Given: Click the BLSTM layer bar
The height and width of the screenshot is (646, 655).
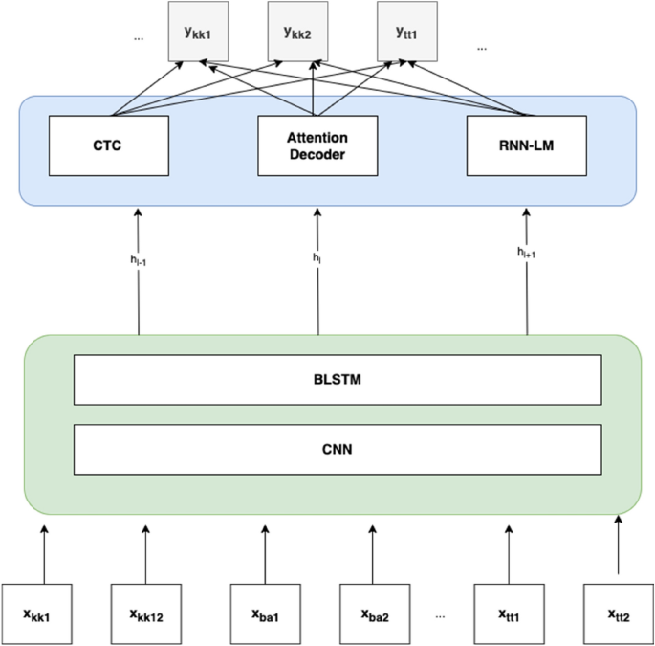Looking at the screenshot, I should coord(338,379).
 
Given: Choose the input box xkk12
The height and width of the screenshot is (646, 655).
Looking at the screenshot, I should coord(145,613).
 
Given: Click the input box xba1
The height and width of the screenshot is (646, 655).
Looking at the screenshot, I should coord(265,613).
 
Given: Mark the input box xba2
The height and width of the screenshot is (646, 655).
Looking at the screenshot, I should coord(374,613).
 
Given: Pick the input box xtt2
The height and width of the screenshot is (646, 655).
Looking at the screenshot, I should coord(618,613).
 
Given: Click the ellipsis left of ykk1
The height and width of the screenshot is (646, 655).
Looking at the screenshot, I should coord(139,37).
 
